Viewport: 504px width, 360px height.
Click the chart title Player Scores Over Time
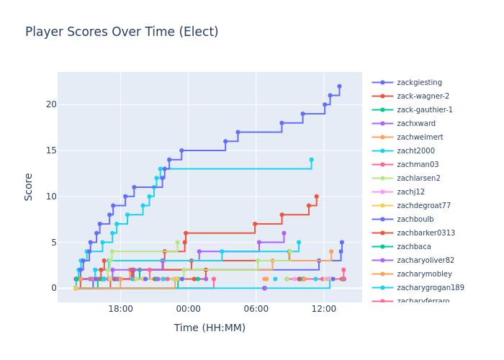tap(122, 32)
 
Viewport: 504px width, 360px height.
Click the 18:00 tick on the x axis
tap(120, 309)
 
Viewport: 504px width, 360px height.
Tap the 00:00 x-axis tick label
tap(188, 309)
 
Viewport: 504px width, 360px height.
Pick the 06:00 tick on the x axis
tap(256, 309)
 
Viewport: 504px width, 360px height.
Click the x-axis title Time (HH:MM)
tap(210, 328)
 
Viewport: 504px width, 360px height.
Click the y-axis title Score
tap(29, 186)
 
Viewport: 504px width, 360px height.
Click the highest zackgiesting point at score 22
tap(339, 86)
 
